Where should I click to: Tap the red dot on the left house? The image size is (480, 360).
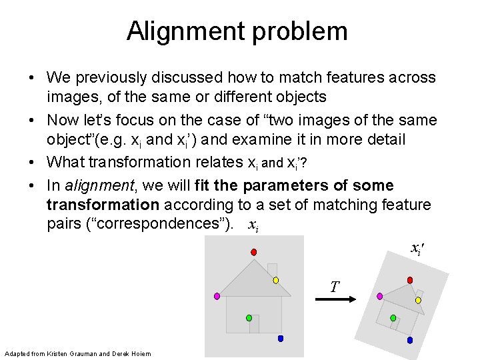click(x=254, y=251)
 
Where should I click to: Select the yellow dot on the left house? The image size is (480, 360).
click(x=275, y=281)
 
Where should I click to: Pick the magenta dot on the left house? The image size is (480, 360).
click(x=216, y=295)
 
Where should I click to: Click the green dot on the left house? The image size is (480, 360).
click(x=249, y=318)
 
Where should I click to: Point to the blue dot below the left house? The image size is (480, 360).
click(x=281, y=339)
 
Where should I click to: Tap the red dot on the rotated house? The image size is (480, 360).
click(x=410, y=280)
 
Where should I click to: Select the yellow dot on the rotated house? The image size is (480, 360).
click(x=419, y=301)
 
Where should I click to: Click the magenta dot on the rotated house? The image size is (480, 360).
click(x=380, y=295)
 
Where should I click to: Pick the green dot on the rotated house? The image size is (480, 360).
click(x=393, y=318)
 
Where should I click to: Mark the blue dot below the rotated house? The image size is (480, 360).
click(x=410, y=339)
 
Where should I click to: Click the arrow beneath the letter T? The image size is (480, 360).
click(x=337, y=299)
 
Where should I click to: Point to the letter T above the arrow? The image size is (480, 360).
click(x=335, y=287)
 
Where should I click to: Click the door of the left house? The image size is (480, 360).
click(x=254, y=324)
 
